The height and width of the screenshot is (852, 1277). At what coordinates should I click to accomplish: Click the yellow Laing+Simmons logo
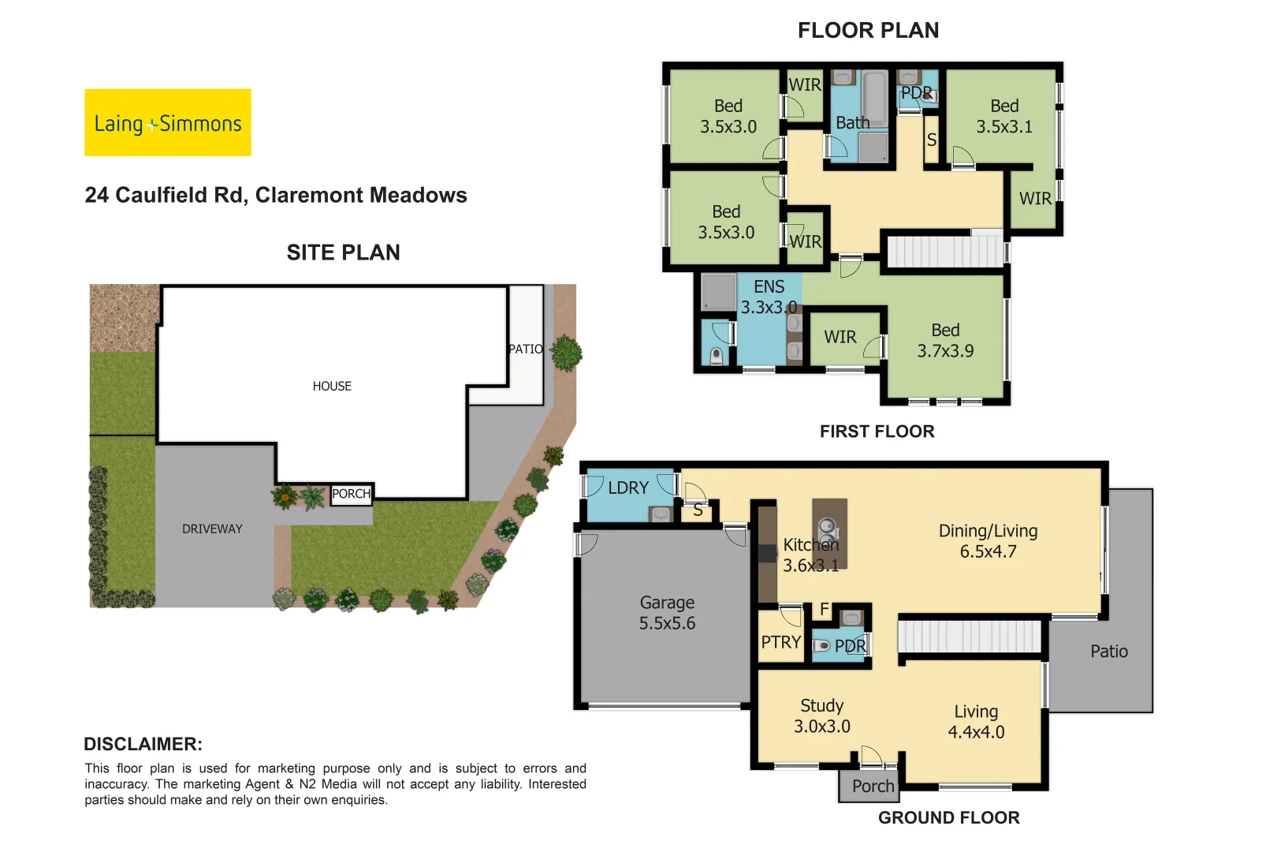(x=168, y=122)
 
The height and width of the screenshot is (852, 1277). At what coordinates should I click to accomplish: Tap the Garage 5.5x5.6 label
(x=667, y=613)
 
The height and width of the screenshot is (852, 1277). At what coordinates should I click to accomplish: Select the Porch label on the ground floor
(x=873, y=786)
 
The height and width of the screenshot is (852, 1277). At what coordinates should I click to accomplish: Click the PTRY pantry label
(x=780, y=642)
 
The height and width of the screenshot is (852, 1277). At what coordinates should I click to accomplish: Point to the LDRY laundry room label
(x=628, y=488)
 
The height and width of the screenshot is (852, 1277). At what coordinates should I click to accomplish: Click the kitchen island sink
(x=827, y=527)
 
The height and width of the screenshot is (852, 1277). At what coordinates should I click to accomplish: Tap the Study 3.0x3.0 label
(x=821, y=716)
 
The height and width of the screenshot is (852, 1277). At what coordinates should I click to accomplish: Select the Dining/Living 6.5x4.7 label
(x=988, y=541)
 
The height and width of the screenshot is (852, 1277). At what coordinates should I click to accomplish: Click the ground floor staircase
(x=970, y=636)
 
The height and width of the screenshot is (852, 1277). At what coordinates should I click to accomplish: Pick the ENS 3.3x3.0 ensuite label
(x=769, y=297)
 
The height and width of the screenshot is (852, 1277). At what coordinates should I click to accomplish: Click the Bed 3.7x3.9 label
(x=945, y=340)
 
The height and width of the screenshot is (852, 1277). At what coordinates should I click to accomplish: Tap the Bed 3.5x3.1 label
(x=1003, y=116)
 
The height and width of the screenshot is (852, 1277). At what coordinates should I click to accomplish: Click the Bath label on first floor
(x=852, y=123)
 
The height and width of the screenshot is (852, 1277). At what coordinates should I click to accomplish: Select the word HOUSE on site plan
(x=332, y=386)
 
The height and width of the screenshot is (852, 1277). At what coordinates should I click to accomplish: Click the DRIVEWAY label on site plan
(x=212, y=529)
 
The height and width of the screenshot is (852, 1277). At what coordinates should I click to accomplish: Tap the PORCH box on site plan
(x=351, y=494)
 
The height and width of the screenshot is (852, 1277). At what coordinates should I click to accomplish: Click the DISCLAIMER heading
(x=143, y=744)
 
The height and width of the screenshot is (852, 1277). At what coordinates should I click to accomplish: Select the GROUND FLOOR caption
(x=948, y=817)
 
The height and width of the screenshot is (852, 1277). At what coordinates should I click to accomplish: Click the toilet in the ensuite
(x=716, y=355)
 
